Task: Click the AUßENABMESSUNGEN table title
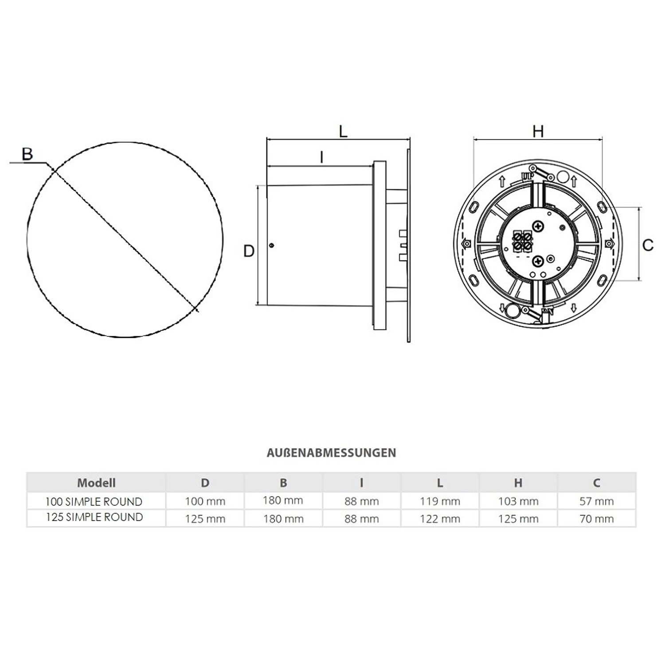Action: pyautogui.click(x=331, y=453)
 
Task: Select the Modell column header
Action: pyautogui.click(x=96, y=483)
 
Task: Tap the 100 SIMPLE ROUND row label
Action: pyautogui.click(x=94, y=501)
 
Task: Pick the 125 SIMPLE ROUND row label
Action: pyautogui.click(x=94, y=517)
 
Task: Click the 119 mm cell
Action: pyautogui.click(x=440, y=501)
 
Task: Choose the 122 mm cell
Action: pyautogui.click(x=440, y=519)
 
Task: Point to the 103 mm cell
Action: pyautogui.click(x=518, y=501)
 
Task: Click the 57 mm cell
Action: pyautogui.click(x=597, y=501)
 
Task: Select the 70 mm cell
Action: pyautogui.click(x=597, y=519)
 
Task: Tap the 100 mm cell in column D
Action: pyautogui.click(x=205, y=501)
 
